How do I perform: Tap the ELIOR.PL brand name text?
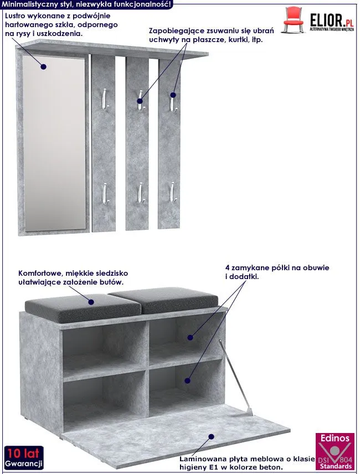click(332, 20)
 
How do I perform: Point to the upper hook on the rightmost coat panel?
click(172, 100)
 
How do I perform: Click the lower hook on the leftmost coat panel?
click(105, 193)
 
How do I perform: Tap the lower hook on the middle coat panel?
click(141, 193)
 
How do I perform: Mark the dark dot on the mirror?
click(44, 67)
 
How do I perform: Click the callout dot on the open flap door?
click(211, 436)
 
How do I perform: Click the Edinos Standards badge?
click(335, 451)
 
